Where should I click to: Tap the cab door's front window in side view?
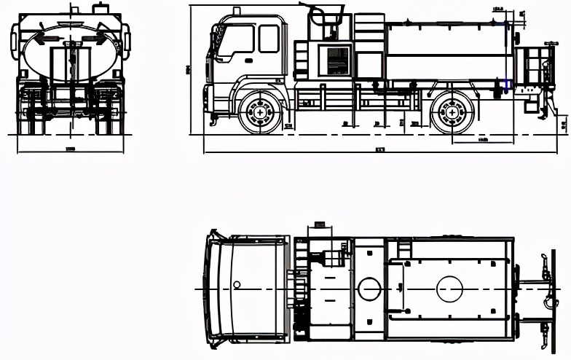pos(237,40)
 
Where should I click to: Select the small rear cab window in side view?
pos(269,39)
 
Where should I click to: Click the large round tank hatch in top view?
pos(449,289)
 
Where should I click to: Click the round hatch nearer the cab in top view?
pos(369,289)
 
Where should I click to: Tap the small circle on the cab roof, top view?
pos(237,283)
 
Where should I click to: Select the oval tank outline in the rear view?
pos(71,52)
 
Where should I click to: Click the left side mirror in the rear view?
pos(14,42)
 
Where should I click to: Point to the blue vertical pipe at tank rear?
pos(507,58)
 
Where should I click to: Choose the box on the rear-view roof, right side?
pos(100,9)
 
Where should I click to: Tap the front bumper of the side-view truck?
pos(208,102)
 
